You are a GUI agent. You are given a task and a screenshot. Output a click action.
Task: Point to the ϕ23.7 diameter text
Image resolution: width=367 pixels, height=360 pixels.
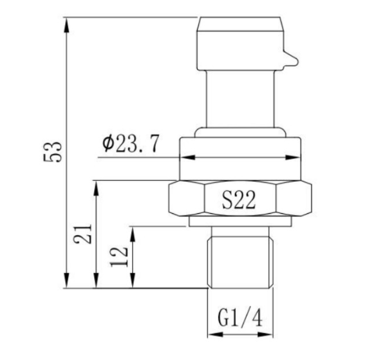(x=130, y=144)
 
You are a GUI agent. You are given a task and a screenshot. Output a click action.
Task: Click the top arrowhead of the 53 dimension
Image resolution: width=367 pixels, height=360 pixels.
(x=67, y=23)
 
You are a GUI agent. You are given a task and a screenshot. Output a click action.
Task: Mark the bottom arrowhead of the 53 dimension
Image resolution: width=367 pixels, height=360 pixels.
(x=67, y=284)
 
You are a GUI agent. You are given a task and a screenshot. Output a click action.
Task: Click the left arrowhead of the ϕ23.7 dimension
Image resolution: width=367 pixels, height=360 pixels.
(x=184, y=156)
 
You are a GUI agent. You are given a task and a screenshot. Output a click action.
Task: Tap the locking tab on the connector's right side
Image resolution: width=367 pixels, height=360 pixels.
(x=290, y=59)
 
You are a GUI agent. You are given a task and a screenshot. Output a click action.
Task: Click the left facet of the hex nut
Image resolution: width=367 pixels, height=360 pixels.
(x=185, y=200)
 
